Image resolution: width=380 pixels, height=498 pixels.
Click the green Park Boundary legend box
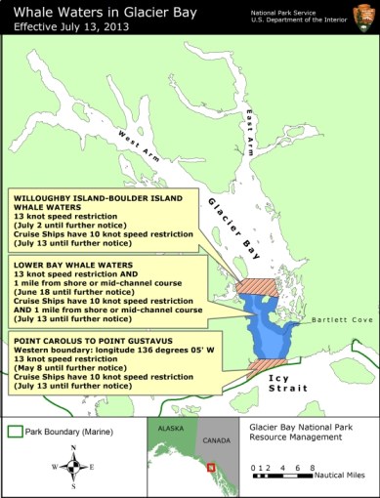click(16, 430)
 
